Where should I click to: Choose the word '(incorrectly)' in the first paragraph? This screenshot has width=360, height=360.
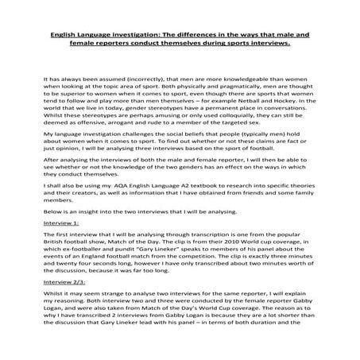click(134, 82)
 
